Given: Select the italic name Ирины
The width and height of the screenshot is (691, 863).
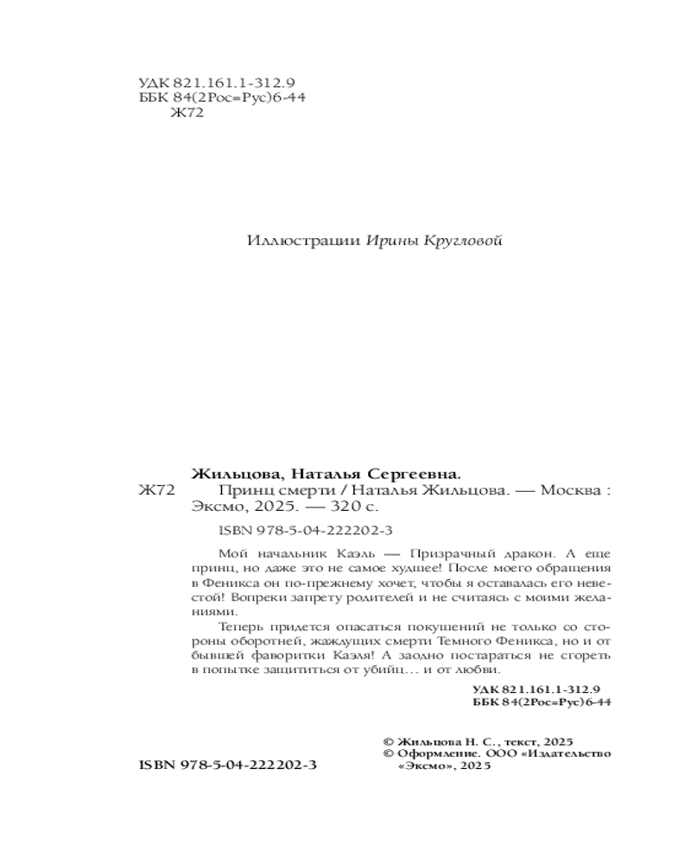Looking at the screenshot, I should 391,241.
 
